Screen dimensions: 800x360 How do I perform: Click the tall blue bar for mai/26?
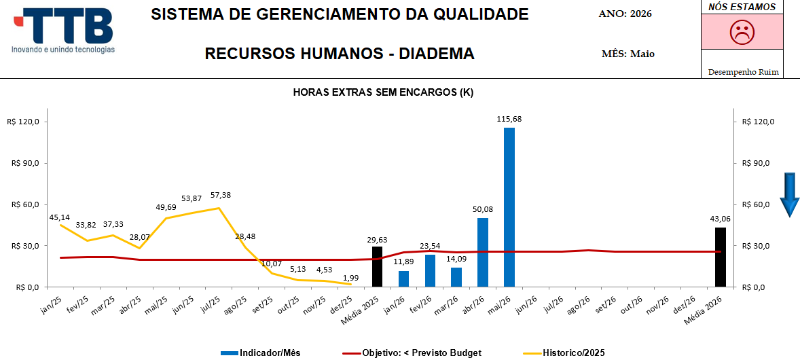[x=509, y=207]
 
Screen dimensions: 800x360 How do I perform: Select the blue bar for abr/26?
[x=483, y=252]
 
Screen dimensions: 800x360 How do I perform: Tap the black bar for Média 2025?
[x=377, y=266]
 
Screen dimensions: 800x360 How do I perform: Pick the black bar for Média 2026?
[x=721, y=257]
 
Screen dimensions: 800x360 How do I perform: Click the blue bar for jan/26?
[x=403, y=278]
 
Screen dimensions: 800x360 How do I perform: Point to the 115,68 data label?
[x=509, y=119]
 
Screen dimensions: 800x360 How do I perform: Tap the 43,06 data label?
[x=720, y=219]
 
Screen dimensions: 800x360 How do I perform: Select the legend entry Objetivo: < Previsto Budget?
[x=412, y=353]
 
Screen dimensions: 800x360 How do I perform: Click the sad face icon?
[x=742, y=32]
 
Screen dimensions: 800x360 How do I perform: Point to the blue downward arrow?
[x=790, y=194]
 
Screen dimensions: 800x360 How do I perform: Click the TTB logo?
[x=64, y=31]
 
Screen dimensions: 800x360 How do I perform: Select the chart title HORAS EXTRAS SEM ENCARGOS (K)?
[x=383, y=92]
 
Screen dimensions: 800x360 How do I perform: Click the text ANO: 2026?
[x=625, y=14]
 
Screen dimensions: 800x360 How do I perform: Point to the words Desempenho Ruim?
[x=743, y=72]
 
